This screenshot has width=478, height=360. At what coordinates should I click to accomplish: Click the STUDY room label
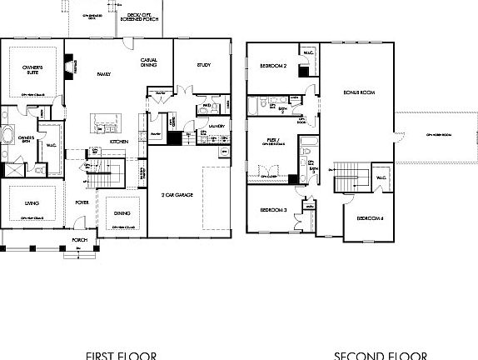click(x=203, y=64)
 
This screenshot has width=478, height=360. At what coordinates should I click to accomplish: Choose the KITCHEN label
click(x=118, y=142)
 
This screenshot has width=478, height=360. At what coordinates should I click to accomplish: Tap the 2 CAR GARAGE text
click(x=177, y=194)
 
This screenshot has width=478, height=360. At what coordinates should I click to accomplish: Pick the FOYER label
click(x=82, y=201)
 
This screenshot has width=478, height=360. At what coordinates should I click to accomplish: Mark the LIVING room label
click(x=32, y=201)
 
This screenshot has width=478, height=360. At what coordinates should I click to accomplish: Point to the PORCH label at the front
click(x=79, y=240)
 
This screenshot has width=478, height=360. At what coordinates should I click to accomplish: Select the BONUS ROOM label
click(x=357, y=92)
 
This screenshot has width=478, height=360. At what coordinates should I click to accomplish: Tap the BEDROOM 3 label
click(x=273, y=210)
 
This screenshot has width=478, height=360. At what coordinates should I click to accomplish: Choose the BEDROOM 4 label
click(x=370, y=218)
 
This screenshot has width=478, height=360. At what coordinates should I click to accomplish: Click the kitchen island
click(x=107, y=122)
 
